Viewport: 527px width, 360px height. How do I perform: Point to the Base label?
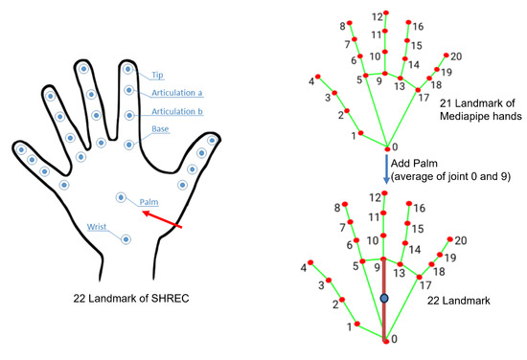pyautogui.click(x=161, y=129)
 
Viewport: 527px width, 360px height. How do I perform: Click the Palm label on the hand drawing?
pyautogui.click(x=149, y=202)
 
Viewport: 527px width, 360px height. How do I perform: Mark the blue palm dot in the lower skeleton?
pyautogui.click(x=383, y=299)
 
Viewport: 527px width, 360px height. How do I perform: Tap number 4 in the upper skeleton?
pyautogui.click(x=312, y=81)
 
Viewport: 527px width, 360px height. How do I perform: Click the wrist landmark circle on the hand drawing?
pyautogui.click(x=126, y=239)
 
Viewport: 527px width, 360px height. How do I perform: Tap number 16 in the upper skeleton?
pyautogui.click(x=417, y=26)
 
